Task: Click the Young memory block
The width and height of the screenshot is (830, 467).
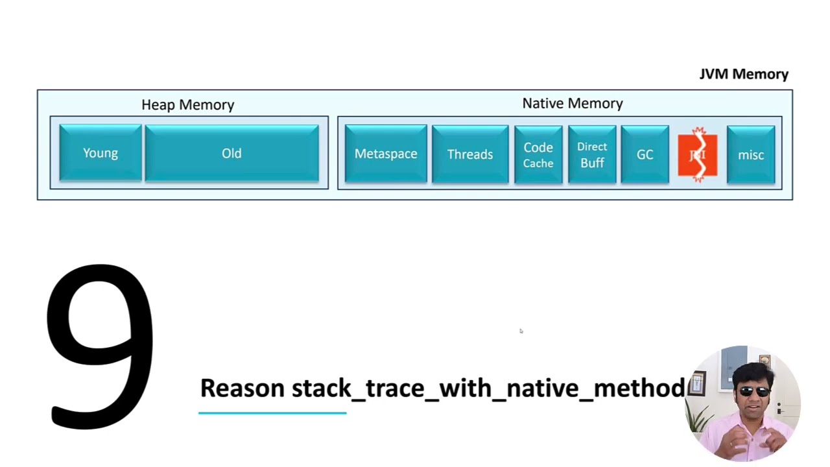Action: (101, 153)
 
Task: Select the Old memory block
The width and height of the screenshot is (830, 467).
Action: (231, 153)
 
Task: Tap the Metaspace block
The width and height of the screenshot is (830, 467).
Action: (386, 154)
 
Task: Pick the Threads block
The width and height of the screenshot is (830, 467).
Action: (470, 154)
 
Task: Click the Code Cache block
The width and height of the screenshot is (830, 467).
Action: (538, 155)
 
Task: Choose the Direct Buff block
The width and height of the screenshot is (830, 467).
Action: (592, 155)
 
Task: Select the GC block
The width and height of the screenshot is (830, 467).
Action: (645, 155)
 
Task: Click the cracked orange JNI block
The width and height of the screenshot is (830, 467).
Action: (698, 155)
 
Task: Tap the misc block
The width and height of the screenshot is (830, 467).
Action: (751, 155)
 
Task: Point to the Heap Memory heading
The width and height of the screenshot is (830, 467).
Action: (188, 104)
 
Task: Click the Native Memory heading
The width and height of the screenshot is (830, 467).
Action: (573, 103)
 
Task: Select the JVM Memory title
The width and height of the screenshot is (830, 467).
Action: (744, 74)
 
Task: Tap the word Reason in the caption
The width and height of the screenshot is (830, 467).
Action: (242, 388)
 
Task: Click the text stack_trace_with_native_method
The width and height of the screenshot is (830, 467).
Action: (488, 388)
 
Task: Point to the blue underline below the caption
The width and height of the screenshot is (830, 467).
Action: (272, 413)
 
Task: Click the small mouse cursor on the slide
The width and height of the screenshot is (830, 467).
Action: (521, 331)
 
